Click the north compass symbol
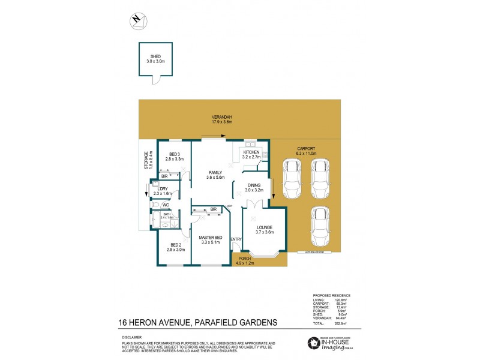pyautogui.click(x=137, y=20)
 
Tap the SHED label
pyautogui.click(x=155, y=58)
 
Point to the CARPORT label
pyautogui.click(x=305, y=151)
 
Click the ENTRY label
pyautogui.click(x=236, y=240)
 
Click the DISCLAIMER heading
pyautogui.click(x=128, y=337)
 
